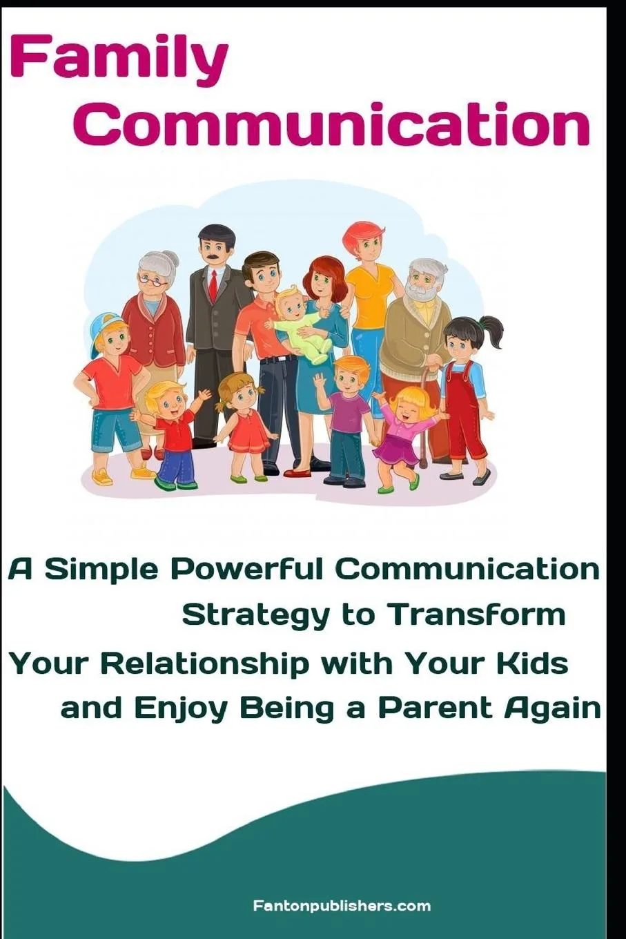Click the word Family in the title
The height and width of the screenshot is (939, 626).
click(119, 59)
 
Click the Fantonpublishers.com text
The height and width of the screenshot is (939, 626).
click(342, 905)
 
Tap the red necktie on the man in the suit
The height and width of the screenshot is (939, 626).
click(214, 284)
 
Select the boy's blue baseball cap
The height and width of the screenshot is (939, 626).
click(101, 325)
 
